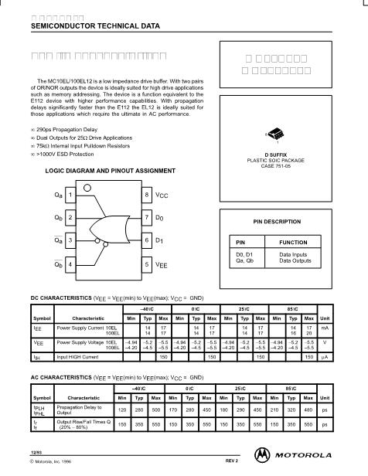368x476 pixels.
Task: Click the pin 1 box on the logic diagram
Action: [71, 195]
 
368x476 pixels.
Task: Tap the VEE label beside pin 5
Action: [162, 265]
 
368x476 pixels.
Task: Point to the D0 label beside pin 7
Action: [160, 219]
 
